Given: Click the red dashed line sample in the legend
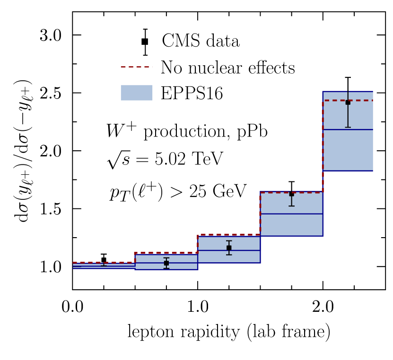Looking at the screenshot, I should point(136,67).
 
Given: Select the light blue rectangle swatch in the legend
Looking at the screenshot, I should point(136,93).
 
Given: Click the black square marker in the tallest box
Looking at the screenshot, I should point(348,102).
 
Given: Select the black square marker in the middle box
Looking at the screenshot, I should point(229,248).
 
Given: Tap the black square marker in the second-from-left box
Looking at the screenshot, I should point(166,263).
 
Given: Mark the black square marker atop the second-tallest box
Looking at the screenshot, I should point(291,194).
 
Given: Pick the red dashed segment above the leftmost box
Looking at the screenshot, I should point(104,262).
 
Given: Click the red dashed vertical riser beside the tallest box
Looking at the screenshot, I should point(323,146).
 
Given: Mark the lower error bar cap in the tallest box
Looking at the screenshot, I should point(348,127).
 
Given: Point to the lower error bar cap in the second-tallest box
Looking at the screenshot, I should point(291,206).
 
